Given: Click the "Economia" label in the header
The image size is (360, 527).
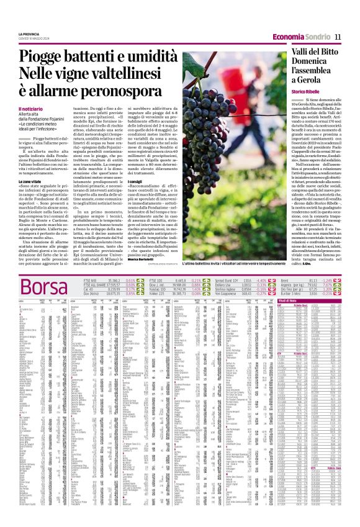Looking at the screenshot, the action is [x=288, y=36].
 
